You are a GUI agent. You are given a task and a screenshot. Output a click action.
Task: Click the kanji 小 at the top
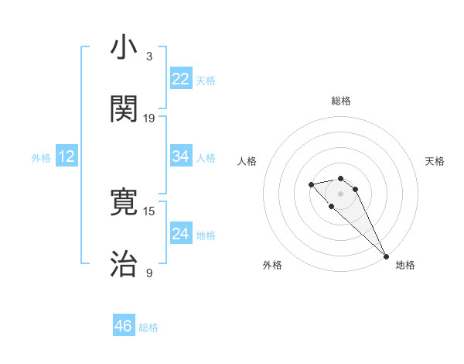124,48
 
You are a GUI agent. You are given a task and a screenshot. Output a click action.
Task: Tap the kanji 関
124,109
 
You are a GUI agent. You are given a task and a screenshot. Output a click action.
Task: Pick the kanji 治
124,264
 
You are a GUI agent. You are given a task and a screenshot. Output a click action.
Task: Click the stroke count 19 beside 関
149,118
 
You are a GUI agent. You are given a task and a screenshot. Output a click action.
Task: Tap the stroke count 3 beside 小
149,57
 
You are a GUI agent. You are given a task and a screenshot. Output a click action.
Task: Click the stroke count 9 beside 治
149,273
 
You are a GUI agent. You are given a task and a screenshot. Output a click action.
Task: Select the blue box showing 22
180,79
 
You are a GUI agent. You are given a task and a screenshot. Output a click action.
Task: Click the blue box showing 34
180,156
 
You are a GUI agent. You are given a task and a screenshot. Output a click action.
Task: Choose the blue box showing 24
180,234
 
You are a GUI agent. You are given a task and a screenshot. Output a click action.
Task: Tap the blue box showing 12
67,156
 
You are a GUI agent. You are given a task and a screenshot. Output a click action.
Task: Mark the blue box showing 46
124,326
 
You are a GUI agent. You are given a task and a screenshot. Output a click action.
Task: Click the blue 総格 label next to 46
148,328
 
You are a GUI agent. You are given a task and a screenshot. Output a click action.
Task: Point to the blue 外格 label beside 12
41,158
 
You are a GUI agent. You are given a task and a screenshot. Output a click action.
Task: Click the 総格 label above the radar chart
340,101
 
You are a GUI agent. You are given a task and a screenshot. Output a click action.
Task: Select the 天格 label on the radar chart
435,161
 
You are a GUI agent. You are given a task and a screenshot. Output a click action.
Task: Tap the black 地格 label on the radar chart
405,265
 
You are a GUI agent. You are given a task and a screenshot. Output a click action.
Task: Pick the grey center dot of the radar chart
340,194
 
